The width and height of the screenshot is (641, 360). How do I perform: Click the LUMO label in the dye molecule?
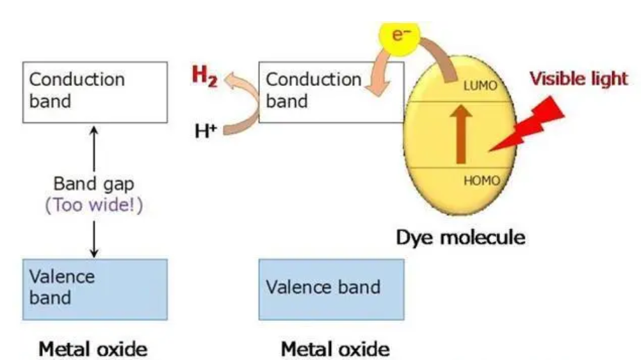480,86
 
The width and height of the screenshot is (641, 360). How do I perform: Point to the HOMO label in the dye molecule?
481,181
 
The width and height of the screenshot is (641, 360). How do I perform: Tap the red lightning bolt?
531,128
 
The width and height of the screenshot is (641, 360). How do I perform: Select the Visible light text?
578,79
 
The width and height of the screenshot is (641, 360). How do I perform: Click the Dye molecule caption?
460,238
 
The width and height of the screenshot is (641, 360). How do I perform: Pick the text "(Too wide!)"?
94,207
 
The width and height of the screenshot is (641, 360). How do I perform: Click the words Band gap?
94,185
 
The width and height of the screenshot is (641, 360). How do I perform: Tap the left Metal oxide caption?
93,349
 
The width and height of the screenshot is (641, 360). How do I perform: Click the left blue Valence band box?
95,289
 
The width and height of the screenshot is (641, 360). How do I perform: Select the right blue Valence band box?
331,289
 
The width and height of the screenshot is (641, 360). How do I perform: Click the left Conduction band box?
95,92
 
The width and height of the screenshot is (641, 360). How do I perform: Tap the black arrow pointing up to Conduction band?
94,147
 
